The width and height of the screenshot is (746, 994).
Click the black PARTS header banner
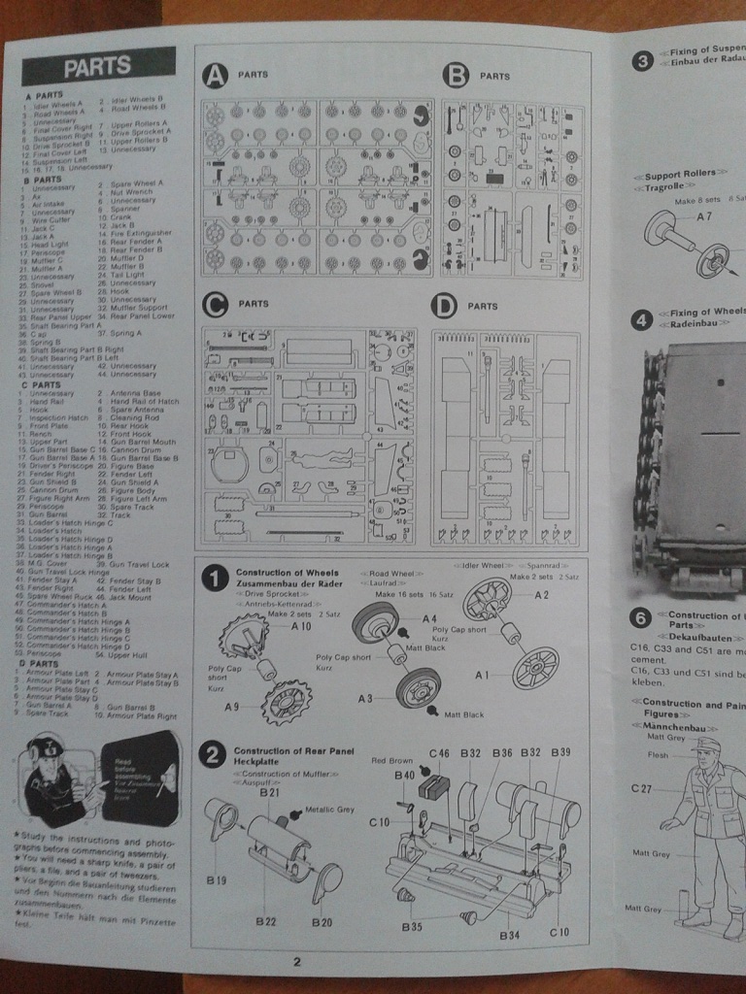[97, 67]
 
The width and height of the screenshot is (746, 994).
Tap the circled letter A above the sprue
[214, 76]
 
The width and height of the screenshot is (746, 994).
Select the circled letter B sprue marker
[455, 76]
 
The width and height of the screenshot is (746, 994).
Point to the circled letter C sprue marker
[215, 305]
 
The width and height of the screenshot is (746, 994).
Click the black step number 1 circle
[214, 579]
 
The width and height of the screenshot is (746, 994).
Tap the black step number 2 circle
[214, 753]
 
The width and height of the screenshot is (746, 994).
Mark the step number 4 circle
[641, 319]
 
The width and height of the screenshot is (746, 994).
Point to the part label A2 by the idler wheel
[542, 594]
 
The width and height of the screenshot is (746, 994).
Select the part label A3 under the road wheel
[365, 697]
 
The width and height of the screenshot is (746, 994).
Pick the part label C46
[439, 753]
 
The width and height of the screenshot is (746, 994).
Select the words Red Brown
[391, 761]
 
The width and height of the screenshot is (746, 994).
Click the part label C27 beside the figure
[641, 788]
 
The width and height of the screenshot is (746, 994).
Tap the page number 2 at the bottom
[297, 962]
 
